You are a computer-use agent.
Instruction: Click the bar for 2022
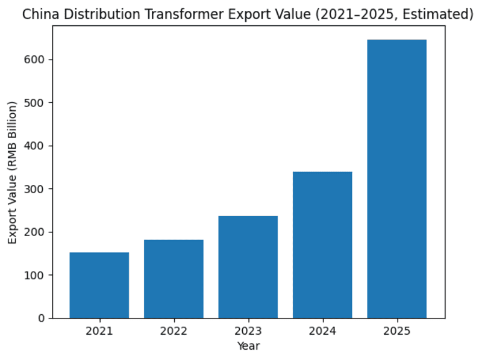tap(174, 279)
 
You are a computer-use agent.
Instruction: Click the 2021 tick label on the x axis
tap(99, 331)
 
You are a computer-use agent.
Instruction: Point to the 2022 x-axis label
tap(174, 331)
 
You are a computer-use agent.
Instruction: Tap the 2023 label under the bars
tap(248, 331)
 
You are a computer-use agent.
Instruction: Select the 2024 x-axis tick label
tap(322, 331)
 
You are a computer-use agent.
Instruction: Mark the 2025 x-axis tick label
tap(396, 331)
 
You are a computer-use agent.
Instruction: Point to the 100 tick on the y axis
tap(37, 275)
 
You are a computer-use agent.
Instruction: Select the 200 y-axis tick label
tap(37, 232)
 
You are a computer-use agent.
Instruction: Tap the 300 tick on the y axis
tap(37, 189)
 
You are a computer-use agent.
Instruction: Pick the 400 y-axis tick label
tap(37, 146)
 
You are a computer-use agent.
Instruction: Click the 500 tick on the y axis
tap(37, 102)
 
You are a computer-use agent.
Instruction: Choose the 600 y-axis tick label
tap(37, 60)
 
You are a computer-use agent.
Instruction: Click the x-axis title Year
tap(248, 346)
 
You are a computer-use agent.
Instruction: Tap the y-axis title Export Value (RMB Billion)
tap(13, 172)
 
